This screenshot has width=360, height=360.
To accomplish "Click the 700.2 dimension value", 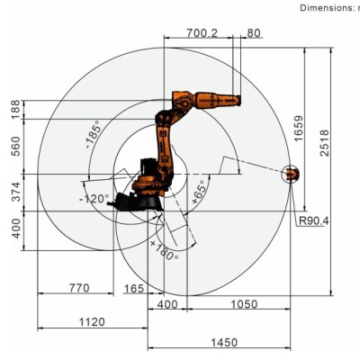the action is pos(202,33).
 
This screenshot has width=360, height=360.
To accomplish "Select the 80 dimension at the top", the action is pos(254,33).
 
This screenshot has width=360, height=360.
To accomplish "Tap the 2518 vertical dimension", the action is pos(324,143).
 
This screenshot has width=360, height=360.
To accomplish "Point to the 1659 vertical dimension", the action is pos(299,129).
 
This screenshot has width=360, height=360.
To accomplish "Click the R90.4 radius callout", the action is pos(314,221).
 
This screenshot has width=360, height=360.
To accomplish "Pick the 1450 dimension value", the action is pos(224,343).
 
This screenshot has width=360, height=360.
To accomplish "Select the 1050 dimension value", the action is pos(244,304).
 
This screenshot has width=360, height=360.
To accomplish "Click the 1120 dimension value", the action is pos(92,322).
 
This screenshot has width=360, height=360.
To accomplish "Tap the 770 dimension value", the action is pos(79,288).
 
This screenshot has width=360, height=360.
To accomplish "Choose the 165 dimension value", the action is pos(134,289).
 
